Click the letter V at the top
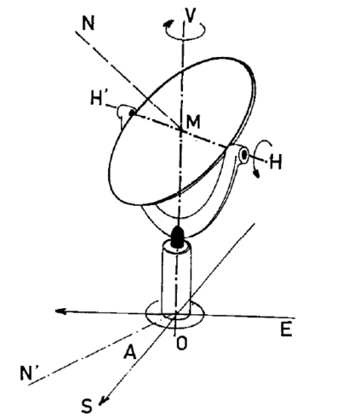(x=190, y=15)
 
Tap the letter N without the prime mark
(x=88, y=23)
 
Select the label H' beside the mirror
(x=97, y=98)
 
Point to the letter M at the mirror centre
(x=193, y=122)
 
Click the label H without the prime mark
(x=276, y=162)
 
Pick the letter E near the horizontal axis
(x=286, y=329)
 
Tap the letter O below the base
(x=181, y=343)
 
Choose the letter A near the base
(x=130, y=352)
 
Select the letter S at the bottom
(x=87, y=406)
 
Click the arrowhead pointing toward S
(x=103, y=400)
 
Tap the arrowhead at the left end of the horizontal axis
(x=60, y=311)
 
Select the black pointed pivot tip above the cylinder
(x=178, y=236)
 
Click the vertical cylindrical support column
(x=176, y=279)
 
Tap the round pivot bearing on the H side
(x=244, y=155)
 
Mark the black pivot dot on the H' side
(x=132, y=113)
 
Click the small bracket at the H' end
(x=123, y=113)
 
